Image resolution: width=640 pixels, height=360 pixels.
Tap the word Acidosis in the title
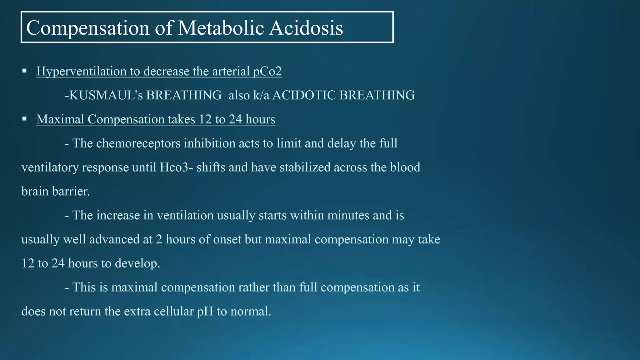click(306, 28)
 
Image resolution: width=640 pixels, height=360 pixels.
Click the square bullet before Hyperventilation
click(24, 71)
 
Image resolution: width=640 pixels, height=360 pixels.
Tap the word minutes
click(348, 215)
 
